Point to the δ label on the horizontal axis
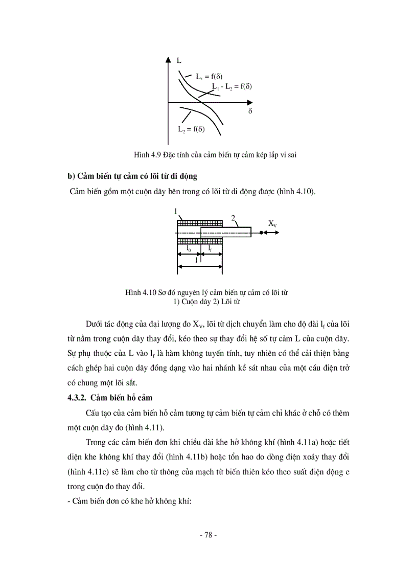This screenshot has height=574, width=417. click(x=250, y=111)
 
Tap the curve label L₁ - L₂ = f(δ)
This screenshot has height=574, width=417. click(x=225, y=86)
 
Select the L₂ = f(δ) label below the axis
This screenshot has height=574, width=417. click(x=191, y=130)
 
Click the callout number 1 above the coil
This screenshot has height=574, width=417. click(x=175, y=211)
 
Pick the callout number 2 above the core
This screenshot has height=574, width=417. click(x=233, y=218)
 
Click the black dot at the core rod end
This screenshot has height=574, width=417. click(x=261, y=233)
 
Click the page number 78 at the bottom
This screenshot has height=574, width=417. click(x=208, y=535)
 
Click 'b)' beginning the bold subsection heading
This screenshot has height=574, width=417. click(x=71, y=177)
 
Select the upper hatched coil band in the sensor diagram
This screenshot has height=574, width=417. click(x=199, y=223)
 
